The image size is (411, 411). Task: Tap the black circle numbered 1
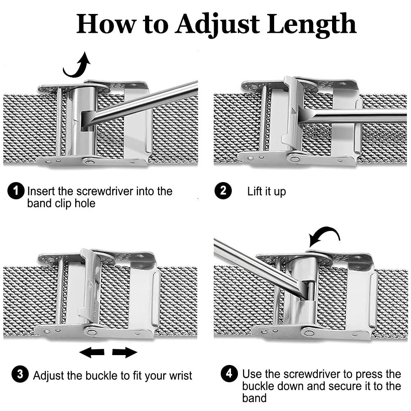pyautogui.click(x=16, y=191)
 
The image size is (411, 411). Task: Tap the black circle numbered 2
pyautogui.click(x=223, y=191)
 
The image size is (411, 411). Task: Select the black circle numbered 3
pyautogui.click(x=20, y=374)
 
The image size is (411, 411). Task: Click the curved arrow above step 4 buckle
pyautogui.click(x=324, y=236)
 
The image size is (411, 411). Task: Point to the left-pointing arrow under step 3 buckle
pyautogui.click(x=92, y=352)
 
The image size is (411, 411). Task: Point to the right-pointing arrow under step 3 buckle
pyautogui.click(x=125, y=352)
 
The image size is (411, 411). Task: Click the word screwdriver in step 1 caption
pyautogui.click(x=105, y=192)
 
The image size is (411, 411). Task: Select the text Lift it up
pyautogui.click(x=266, y=192)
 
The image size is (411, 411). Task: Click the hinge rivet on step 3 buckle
pyautogui.click(x=92, y=332)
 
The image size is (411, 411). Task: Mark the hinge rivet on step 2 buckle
pyautogui.click(x=294, y=159)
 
